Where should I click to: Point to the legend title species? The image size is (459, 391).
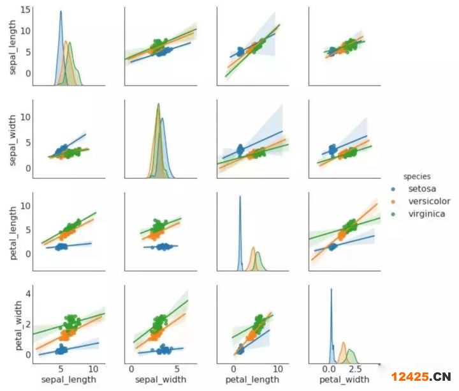(415, 176)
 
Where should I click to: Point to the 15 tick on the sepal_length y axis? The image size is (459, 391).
(25, 9)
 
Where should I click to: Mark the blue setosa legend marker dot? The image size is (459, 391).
(393, 189)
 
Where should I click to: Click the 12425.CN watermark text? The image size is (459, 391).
(421, 376)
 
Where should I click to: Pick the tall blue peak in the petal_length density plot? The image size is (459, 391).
(240, 198)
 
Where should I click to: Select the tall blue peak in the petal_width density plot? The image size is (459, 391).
(331, 291)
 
